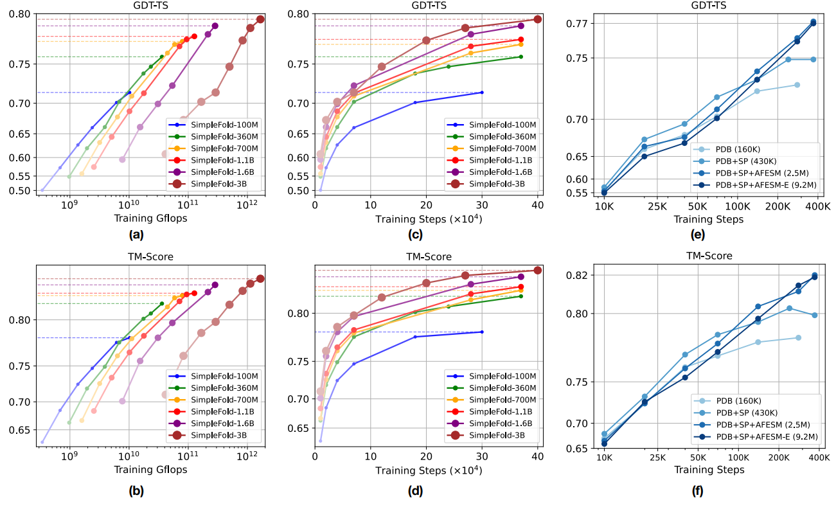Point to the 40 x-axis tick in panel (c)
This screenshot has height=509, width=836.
538,205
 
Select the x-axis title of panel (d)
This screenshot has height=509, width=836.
429,470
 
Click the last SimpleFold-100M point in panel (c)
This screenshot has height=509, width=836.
482,93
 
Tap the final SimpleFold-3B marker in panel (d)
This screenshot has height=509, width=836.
538,270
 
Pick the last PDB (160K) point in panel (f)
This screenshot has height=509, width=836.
798,337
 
